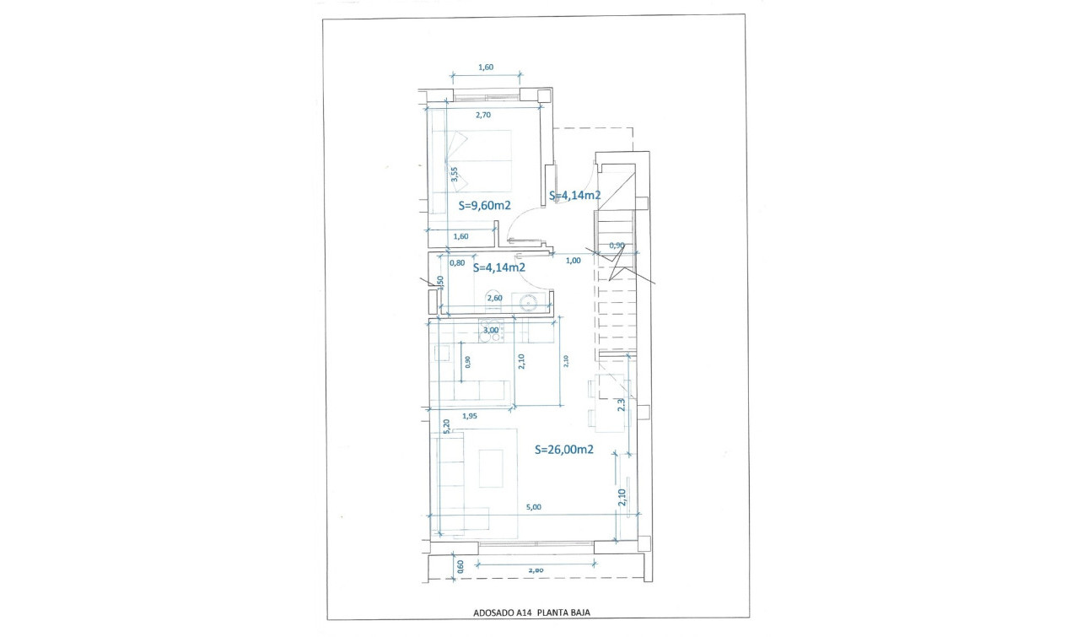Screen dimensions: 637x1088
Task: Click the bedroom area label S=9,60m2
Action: pos(484,205)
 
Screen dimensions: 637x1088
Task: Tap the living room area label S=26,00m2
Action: pos(564,450)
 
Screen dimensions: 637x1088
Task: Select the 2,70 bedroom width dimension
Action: pos(482,115)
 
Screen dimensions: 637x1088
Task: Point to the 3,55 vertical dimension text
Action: pos(454,175)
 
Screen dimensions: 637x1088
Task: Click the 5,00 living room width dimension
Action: pos(533,507)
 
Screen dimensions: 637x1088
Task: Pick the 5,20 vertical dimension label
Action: pos(444,426)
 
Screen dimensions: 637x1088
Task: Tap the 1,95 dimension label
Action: pos(470,415)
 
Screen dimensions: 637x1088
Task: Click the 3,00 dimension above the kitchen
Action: pos(490,330)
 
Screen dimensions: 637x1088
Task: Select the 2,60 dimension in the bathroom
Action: pos(494,297)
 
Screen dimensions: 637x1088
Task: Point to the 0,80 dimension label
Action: pos(457,262)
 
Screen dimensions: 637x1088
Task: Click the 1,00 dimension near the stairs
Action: pos(573,261)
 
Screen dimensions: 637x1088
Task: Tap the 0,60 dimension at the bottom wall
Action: pos(461,566)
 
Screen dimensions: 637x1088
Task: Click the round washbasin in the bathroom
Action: pos(528,303)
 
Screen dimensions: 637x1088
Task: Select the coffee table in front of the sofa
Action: pos(491,468)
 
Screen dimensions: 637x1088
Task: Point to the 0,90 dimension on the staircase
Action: pos(617,246)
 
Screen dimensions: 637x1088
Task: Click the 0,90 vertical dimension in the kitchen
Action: pos(468,361)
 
